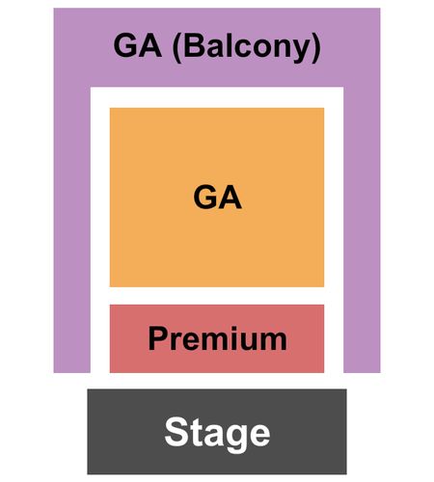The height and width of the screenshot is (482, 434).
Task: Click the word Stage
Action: pyautogui.click(x=217, y=433)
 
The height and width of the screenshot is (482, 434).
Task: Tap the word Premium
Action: pyautogui.click(x=217, y=338)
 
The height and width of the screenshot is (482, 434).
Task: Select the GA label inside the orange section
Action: pyautogui.click(x=217, y=198)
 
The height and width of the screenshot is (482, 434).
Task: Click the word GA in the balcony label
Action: pyautogui.click(x=137, y=45)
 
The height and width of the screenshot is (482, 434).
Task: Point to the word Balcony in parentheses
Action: pyautogui.click(x=247, y=47)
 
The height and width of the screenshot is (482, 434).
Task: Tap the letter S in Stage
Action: pyautogui.click(x=176, y=431)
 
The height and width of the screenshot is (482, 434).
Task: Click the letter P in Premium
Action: pyautogui.click(x=157, y=338)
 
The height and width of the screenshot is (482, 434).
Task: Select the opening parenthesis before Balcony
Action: pyautogui.click(x=177, y=48)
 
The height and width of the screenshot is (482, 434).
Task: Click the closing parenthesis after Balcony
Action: pyautogui.click(x=316, y=48)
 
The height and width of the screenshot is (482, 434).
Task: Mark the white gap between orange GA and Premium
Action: pyautogui.click(x=217, y=296)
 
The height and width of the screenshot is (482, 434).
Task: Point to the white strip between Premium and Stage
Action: pyautogui.click(x=217, y=381)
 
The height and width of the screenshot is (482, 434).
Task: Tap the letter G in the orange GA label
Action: pyautogui.click(x=204, y=198)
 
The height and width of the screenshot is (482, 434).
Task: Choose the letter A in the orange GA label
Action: pyautogui.click(x=231, y=198)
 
